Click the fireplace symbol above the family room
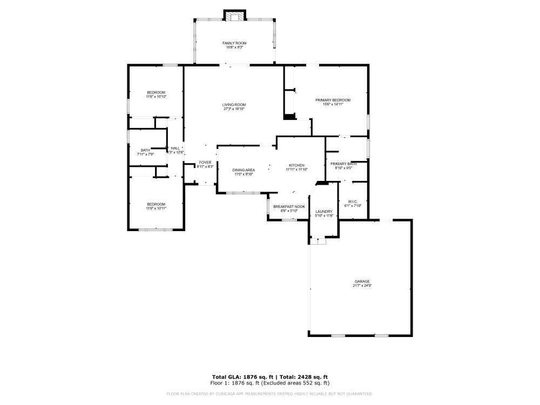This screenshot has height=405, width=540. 235,16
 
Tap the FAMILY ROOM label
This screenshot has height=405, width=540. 234,43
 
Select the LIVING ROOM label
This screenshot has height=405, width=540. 234,105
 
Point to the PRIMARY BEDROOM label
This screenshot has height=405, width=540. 333,100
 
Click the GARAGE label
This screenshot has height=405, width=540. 362,281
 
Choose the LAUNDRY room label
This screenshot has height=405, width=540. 324,212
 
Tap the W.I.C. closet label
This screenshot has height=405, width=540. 353,202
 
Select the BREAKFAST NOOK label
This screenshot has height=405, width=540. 289,207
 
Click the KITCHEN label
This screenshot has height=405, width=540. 296,165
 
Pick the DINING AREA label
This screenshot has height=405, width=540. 244,170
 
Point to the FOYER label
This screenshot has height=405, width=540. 205,163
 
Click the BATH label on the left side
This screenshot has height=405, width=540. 145,150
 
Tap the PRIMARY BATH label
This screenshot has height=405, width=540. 343,164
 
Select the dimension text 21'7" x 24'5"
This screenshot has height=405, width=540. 362,286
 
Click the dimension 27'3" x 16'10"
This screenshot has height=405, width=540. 234,109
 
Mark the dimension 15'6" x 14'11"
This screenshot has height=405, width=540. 333,104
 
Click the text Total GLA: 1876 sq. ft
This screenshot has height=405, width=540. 242,376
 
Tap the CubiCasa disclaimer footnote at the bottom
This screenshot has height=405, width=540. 270,394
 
